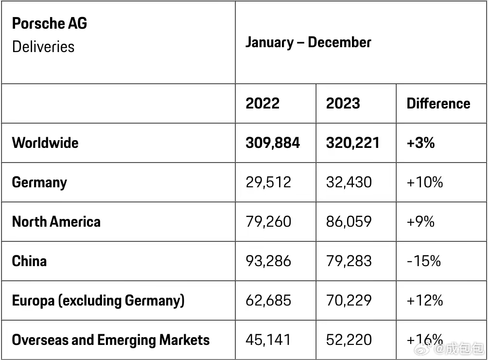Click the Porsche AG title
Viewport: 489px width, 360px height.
[x=50, y=23]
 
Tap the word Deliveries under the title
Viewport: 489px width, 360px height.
[x=43, y=47]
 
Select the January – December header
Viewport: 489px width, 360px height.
[x=309, y=42]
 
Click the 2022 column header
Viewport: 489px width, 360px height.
[x=262, y=103]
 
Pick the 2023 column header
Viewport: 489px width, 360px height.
[x=343, y=103]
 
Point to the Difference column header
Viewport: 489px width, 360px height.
[x=438, y=103]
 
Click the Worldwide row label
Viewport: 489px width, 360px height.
[x=45, y=143]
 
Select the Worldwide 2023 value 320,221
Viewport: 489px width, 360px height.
[x=353, y=143]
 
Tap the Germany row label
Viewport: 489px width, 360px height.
[x=39, y=182]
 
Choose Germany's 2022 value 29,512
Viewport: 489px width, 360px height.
[x=268, y=182]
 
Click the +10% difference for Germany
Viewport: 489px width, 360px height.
[x=425, y=182]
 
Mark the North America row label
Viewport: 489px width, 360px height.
[x=56, y=222]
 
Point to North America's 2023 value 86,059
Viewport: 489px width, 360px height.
[x=349, y=222]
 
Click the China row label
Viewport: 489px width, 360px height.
[x=29, y=261]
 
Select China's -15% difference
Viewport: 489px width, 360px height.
[x=424, y=261]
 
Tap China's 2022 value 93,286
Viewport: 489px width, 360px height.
[x=268, y=261]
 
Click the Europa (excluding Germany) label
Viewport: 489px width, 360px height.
[x=98, y=301]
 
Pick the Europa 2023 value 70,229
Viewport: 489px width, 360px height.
[x=349, y=300]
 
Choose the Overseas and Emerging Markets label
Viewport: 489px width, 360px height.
[x=111, y=340]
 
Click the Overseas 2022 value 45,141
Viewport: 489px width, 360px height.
[x=268, y=340]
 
